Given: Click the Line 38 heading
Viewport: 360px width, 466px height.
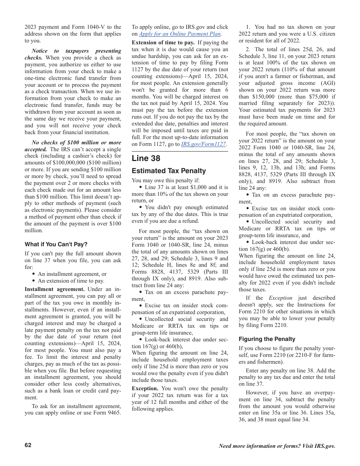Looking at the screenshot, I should (146, 158).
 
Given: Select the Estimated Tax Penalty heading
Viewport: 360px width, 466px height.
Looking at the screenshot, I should (169, 171).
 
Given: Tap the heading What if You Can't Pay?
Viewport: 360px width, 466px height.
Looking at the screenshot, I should (56, 244).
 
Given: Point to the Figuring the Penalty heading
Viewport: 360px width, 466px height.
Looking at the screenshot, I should (267, 339).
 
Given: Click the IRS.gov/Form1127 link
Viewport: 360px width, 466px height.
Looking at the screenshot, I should (203, 144).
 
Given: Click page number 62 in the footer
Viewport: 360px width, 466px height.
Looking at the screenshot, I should (28, 445).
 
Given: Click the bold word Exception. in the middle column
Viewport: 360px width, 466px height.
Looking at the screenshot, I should (145, 388).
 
